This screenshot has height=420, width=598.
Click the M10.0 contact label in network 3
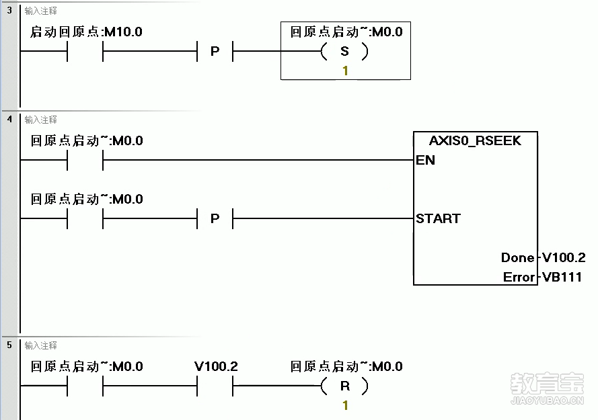click(86, 32)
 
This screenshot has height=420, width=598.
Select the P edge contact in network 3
click(215, 51)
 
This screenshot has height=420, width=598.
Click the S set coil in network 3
click(345, 51)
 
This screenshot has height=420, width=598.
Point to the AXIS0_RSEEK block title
click(475, 141)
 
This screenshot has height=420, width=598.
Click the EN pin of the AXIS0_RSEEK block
click(426, 160)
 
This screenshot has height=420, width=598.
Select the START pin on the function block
click(438, 218)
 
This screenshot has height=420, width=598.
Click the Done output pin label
click(517, 257)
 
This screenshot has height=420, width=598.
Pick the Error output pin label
click(519, 277)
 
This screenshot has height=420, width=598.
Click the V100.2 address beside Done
click(564, 257)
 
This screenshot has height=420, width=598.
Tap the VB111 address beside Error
click(562, 277)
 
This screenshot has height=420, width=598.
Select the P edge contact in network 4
click(215, 218)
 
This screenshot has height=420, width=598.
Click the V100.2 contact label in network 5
click(216, 367)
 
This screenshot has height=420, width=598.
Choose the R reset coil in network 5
click(345, 386)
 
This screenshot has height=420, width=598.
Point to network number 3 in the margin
click(9, 11)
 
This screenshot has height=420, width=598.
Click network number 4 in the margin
click(9, 120)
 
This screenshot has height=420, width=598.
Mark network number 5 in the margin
click(9, 345)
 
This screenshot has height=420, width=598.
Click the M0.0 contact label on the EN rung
click(87, 141)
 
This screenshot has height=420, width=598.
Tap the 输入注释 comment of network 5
click(40, 345)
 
